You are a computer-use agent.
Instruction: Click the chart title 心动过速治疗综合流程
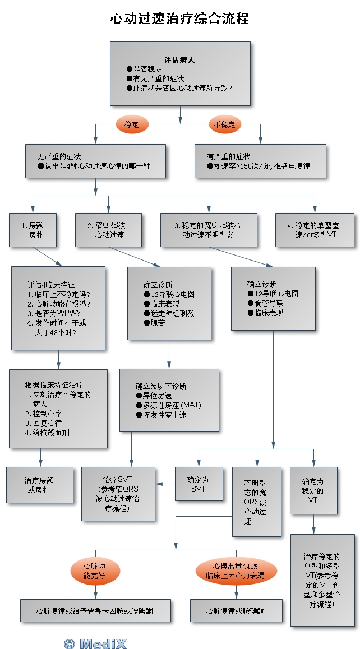pos(179,18)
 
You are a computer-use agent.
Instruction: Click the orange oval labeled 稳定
pos(131,124)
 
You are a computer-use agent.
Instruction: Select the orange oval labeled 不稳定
pos(225,124)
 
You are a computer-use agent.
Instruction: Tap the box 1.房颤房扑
pos(33,230)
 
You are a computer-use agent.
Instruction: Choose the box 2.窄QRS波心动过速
pos(109,230)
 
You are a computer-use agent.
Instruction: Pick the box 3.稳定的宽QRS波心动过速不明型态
pos(209,230)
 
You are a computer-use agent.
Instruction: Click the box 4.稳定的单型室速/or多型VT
pos(315,230)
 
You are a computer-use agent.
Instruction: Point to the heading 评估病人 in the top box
pos(179,59)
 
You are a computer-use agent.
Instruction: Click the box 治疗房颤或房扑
pos(40,485)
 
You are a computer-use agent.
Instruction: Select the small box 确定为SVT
pos(197,484)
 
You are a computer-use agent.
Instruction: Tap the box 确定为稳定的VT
pos(313,490)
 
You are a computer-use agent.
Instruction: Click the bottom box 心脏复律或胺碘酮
pos(236,610)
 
